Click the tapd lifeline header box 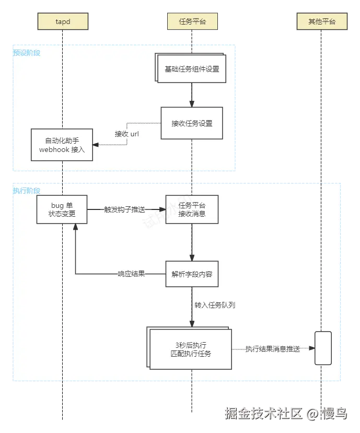coord(62,21)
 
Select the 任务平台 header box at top coord(192,21)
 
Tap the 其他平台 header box coord(321,21)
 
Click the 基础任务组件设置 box coord(192,69)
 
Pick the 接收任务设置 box coord(192,123)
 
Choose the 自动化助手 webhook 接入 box coord(62,145)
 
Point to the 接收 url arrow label coord(127,134)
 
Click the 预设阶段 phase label coord(27,53)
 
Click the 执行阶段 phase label coord(27,191)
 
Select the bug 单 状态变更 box coord(62,209)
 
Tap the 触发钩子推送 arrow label coord(125,209)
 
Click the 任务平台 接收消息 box coord(192,209)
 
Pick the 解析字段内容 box coord(192,274)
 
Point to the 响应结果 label coord(131,274)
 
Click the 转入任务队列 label coord(214,305)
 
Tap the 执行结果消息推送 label coord(272,349)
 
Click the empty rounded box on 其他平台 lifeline coord(323,348)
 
